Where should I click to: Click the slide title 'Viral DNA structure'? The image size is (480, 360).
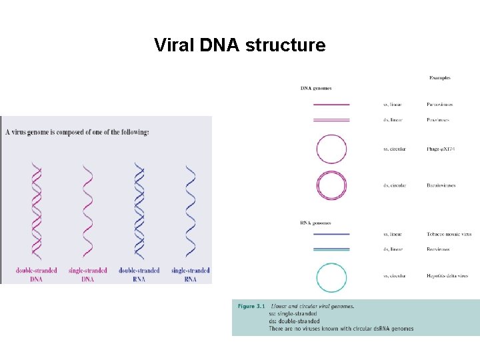coord(239,45)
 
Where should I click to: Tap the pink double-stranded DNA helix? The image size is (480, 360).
coord(36,211)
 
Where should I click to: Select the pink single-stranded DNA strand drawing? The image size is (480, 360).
coord(87,211)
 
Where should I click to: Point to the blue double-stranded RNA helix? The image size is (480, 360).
coord(139,211)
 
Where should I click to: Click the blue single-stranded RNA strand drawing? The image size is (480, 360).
coord(190,211)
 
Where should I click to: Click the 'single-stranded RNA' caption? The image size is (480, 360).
coord(190,275)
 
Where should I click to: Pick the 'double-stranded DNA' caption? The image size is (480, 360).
coord(36,275)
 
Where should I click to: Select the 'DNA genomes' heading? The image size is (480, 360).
coord(316,88)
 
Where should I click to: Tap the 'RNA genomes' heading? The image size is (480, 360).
coord(315,223)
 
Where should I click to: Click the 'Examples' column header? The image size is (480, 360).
coord(439,78)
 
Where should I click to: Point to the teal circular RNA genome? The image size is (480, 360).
coord(331,278)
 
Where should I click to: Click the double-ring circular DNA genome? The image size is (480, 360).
coord(331,185)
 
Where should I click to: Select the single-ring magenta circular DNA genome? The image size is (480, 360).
coord(331,149)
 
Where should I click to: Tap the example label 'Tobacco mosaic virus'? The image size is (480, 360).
coord(449,235)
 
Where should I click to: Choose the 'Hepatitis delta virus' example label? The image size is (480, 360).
coord(447,275)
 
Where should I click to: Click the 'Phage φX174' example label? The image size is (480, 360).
coord(441,149)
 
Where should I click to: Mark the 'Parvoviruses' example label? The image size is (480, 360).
coord(440,105)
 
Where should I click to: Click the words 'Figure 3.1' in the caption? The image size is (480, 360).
coord(251,307)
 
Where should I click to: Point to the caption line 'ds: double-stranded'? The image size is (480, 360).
coord(294,321)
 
